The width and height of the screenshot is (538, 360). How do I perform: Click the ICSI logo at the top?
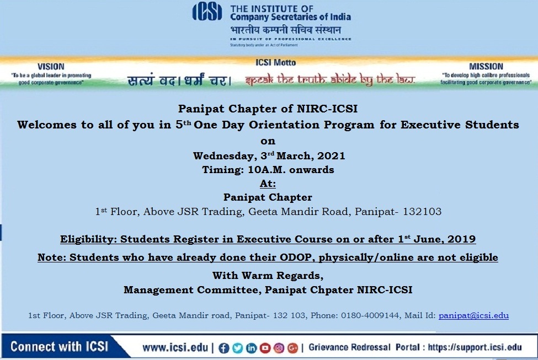click(x=207, y=12)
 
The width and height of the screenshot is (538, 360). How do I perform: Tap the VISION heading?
click(x=51, y=67)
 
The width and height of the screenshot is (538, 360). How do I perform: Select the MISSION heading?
click(x=486, y=67)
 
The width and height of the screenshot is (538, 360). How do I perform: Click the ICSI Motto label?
click(x=275, y=62)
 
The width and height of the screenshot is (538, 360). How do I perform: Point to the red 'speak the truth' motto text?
click(x=330, y=79)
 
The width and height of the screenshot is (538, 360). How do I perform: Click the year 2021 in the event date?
click(x=331, y=156)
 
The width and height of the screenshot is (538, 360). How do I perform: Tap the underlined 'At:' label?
click(x=268, y=184)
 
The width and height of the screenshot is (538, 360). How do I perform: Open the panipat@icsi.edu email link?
click(x=473, y=315)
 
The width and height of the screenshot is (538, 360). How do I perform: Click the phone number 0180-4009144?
click(x=370, y=315)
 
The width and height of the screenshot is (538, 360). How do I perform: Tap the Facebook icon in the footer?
click(x=223, y=348)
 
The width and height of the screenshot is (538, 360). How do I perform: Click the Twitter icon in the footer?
click(x=237, y=348)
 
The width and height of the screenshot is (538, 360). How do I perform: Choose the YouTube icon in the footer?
click(x=265, y=348)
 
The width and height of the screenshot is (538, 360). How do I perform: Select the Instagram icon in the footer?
click(x=279, y=348)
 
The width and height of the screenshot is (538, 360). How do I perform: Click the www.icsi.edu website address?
click(x=175, y=348)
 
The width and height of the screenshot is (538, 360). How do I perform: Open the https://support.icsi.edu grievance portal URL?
click(x=475, y=348)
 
